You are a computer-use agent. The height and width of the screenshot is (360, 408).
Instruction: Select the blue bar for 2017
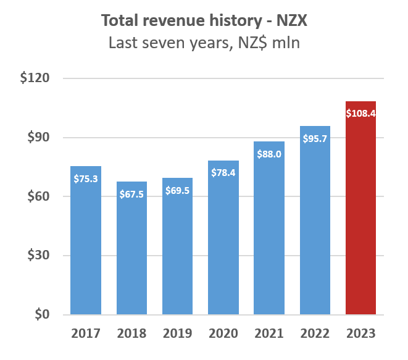pyautogui.click(x=86, y=247)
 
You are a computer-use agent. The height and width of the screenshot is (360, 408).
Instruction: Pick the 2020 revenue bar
pyautogui.click(x=223, y=247)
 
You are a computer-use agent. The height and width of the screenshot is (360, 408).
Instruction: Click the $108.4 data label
pyautogui.click(x=360, y=113)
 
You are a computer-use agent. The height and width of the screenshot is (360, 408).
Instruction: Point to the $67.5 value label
pyautogui.click(x=131, y=193)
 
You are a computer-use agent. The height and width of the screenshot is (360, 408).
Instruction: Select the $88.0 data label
pyautogui.click(x=269, y=154)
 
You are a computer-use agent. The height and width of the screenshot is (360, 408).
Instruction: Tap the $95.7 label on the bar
pyautogui.click(x=315, y=138)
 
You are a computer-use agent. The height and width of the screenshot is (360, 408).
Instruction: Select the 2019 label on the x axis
pyautogui.click(x=177, y=334)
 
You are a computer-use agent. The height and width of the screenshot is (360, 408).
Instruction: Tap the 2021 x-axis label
pyautogui.click(x=269, y=334)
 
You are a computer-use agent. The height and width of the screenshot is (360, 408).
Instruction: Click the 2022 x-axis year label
pyautogui.click(x=315, y=334)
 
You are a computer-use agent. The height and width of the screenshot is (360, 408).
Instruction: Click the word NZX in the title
pyautogui.click(x=289, y=21)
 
